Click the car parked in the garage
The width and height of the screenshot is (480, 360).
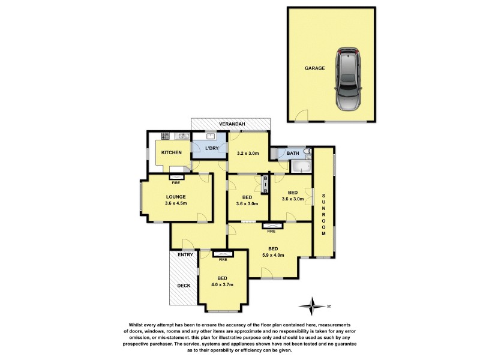pyautogui.click(x=349, y=80)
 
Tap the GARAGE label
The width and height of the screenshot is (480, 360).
pyautogui.click(x=314, y=68)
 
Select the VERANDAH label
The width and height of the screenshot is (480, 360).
pyautogui.click(x=230, y=124)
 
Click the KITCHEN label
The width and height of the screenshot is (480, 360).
pyautogui.click(x=171, y=153)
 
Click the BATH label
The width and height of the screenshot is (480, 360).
pyautogui.click(x=292, y=154)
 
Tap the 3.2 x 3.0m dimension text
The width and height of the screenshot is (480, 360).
pyautogui.click(x=248, y=154)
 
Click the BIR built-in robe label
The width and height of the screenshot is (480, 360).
pyautogui.click(x=265, y=184)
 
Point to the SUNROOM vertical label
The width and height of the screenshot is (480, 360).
pyautogui.click(x=323, y=215)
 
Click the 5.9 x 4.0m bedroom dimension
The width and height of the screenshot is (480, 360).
pyautogui.click(x=272, y=255)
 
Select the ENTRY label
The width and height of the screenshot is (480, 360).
pyautogui.click(x=185, y=255)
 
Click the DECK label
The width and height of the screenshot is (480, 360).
pyautogui.click(x=184, y=286)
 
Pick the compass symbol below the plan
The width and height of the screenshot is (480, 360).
pyautogui.click(x=314, y=305)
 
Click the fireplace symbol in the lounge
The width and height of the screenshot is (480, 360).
pyautogui.click(x=176, y=176)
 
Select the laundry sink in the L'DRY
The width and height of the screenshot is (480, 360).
pyautogui.click(x=209, y=137)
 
